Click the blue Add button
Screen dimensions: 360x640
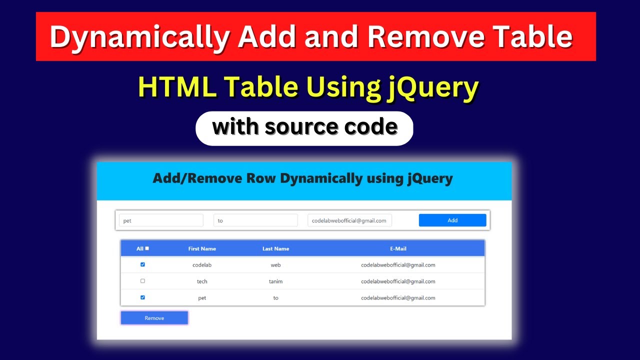(452, 220)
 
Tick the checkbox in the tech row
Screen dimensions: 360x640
(142, 281)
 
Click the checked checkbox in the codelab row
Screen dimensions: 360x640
(142, 264)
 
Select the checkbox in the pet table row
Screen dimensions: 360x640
(142, 297)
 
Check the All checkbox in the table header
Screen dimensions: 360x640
(147, 248)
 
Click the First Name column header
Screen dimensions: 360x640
(202, 248)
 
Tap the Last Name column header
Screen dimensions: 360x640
(275, 248)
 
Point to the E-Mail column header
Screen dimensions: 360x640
(398, 248)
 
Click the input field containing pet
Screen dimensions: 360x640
(161, 220)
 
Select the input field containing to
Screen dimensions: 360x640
(255, 220)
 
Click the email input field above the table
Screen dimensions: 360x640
(349, 220)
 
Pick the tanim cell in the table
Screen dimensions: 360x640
(275, 281)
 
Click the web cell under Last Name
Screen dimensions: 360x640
(275, 265)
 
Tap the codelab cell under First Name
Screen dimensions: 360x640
(202, 265)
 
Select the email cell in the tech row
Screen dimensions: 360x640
(398, 281)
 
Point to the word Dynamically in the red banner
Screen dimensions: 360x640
(140, 37)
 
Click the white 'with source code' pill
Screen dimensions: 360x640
(304, 128)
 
